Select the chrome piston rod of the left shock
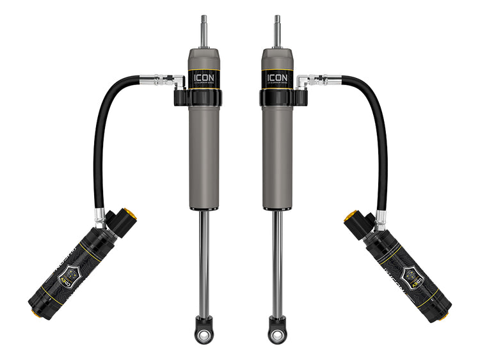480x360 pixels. [204, 262]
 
